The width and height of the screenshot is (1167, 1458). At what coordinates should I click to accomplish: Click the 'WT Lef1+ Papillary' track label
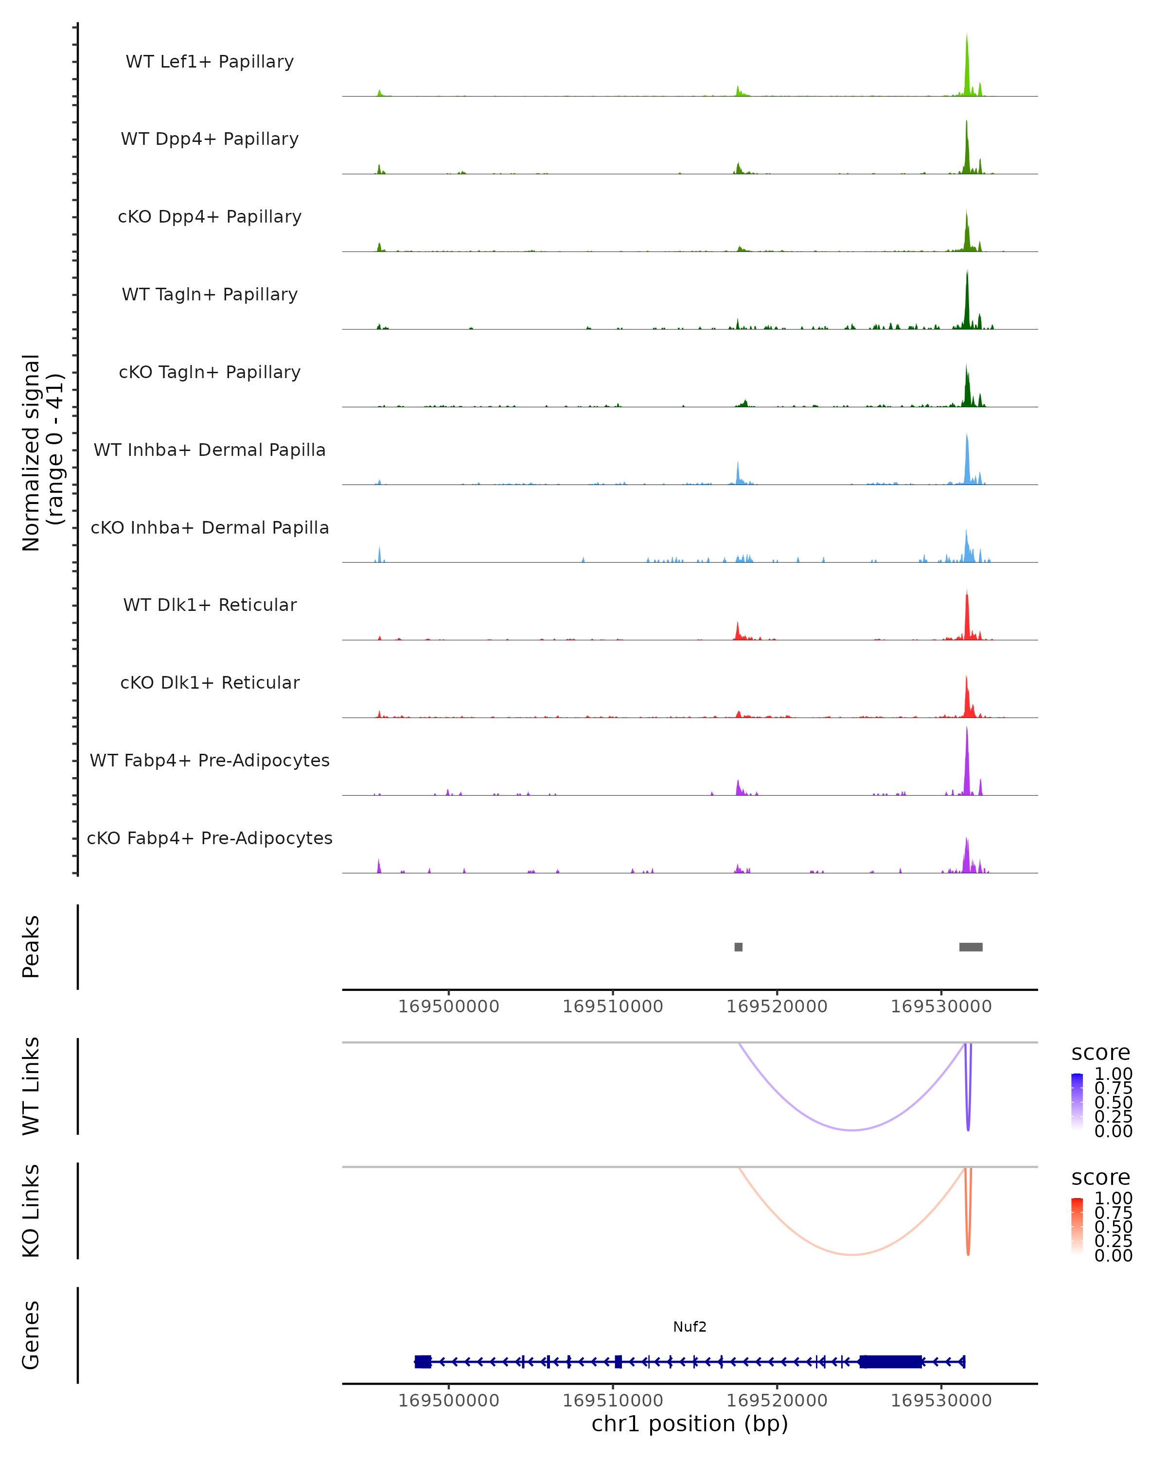[x=210, y=62]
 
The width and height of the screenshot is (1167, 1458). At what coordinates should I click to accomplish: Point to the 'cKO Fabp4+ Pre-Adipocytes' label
[x=210, y=838]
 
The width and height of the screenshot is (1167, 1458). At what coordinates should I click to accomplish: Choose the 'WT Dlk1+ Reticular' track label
[x=210, y=605]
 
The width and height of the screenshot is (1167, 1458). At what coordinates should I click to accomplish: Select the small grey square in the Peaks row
[x=739, y=947]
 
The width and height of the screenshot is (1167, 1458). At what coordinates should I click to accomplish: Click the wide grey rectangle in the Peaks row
[x=971, y=947]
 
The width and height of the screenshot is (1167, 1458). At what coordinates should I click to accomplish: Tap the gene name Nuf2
[x=690, y=1327]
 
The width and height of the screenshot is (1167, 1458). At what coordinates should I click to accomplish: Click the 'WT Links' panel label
[x=31, y=1086]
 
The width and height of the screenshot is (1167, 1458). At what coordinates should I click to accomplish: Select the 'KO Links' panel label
[x=31, y=1211]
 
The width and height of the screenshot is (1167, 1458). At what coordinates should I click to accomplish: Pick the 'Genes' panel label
[x=31, y=1335]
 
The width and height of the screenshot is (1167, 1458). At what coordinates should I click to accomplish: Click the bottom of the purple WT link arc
[x=852, y=1130]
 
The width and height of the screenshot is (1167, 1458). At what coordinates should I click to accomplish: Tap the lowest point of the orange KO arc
[x=852, y=1254]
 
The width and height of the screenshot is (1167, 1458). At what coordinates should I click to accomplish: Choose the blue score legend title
[x=1100, y=1052]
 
